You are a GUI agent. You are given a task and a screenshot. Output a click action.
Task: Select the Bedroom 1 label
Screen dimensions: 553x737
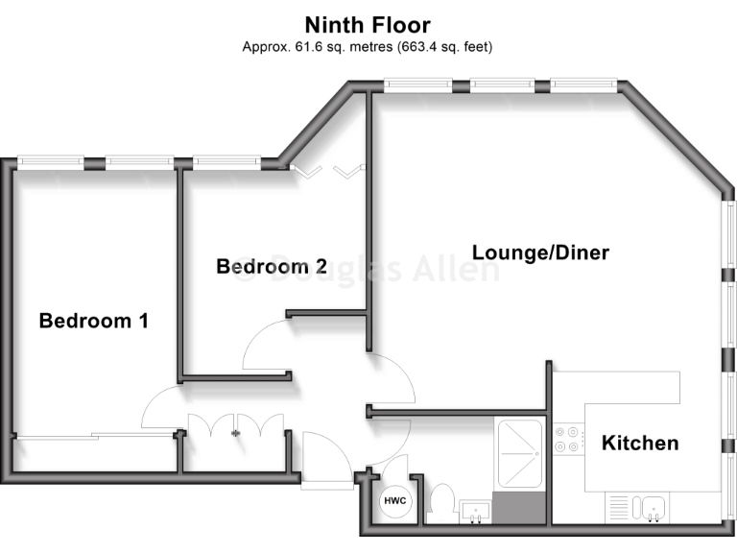93,321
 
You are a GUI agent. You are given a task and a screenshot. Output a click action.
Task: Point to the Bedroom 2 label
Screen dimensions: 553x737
272,266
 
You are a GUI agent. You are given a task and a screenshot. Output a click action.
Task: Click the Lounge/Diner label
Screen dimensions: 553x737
540,252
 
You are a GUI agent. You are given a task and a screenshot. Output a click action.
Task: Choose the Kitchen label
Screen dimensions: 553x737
640,443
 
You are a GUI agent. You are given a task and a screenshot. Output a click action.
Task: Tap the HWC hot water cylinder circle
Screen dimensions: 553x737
394,501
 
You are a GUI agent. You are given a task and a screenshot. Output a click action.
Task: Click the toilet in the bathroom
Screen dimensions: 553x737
442,502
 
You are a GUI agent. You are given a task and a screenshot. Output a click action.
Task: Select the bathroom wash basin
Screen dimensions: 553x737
474,511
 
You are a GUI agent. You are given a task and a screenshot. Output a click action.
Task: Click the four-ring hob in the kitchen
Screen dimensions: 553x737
567,440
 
